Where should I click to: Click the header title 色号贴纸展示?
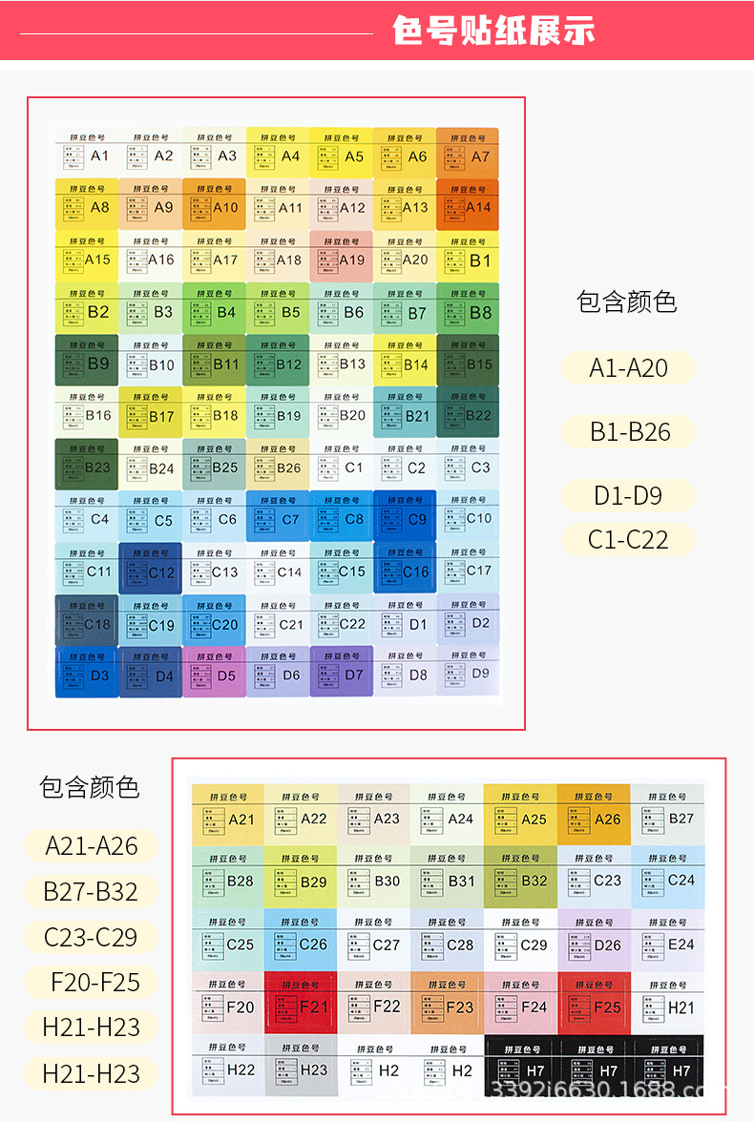click(x=493, y=31)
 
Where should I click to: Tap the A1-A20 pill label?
click(x=628, y=368)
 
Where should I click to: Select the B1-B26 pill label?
click(x=629, y=431)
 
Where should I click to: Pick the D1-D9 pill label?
click(x=627, y=495)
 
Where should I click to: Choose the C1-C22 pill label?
click(x=627, y=539)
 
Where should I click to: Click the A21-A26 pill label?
click(x=92, y=845)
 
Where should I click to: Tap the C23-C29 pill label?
click(x=92, y=937)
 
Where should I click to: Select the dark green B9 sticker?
click(x=87, y=360)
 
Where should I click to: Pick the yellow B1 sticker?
click(x=468, y=256)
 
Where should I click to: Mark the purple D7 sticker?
click(x=341, y=671)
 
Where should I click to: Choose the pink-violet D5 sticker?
click(x=214, y=671)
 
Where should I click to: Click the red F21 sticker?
click(x=301, y=1002)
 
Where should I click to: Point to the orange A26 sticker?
click(x=594, y=814)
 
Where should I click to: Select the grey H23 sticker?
click(x=301, y=1065)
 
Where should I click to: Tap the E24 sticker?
click(x=667, y=940)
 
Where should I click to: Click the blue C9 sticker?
click(x=405, y=516)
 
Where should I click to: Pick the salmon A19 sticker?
click(x=341, y=256)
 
